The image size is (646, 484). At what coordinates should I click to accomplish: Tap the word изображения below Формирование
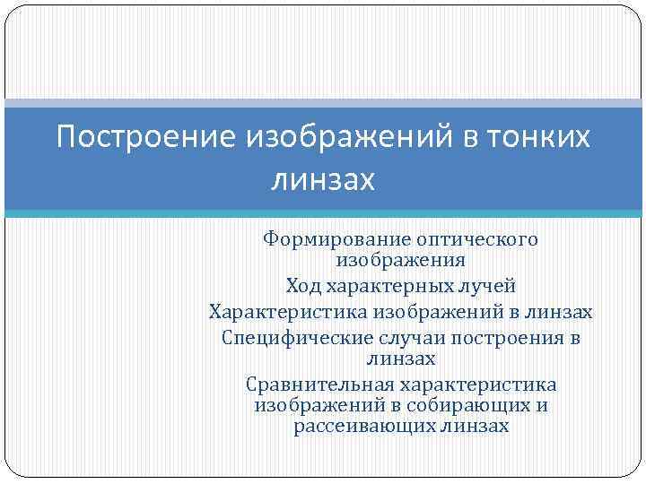pos(400,260)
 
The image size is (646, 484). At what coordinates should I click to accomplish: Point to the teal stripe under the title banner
pos(323,213)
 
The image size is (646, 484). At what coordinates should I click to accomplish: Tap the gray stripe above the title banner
pos(323,103)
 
